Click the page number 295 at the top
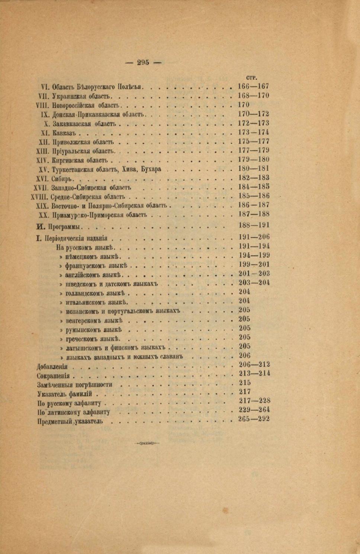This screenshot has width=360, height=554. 143,62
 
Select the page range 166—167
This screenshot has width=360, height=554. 253,86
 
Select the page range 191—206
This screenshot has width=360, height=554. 254,237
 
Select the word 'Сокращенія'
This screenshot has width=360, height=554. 53,376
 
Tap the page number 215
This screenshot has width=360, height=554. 245,383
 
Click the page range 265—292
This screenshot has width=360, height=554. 254,419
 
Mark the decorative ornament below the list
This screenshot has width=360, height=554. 147,443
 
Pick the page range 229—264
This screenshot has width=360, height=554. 254,410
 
